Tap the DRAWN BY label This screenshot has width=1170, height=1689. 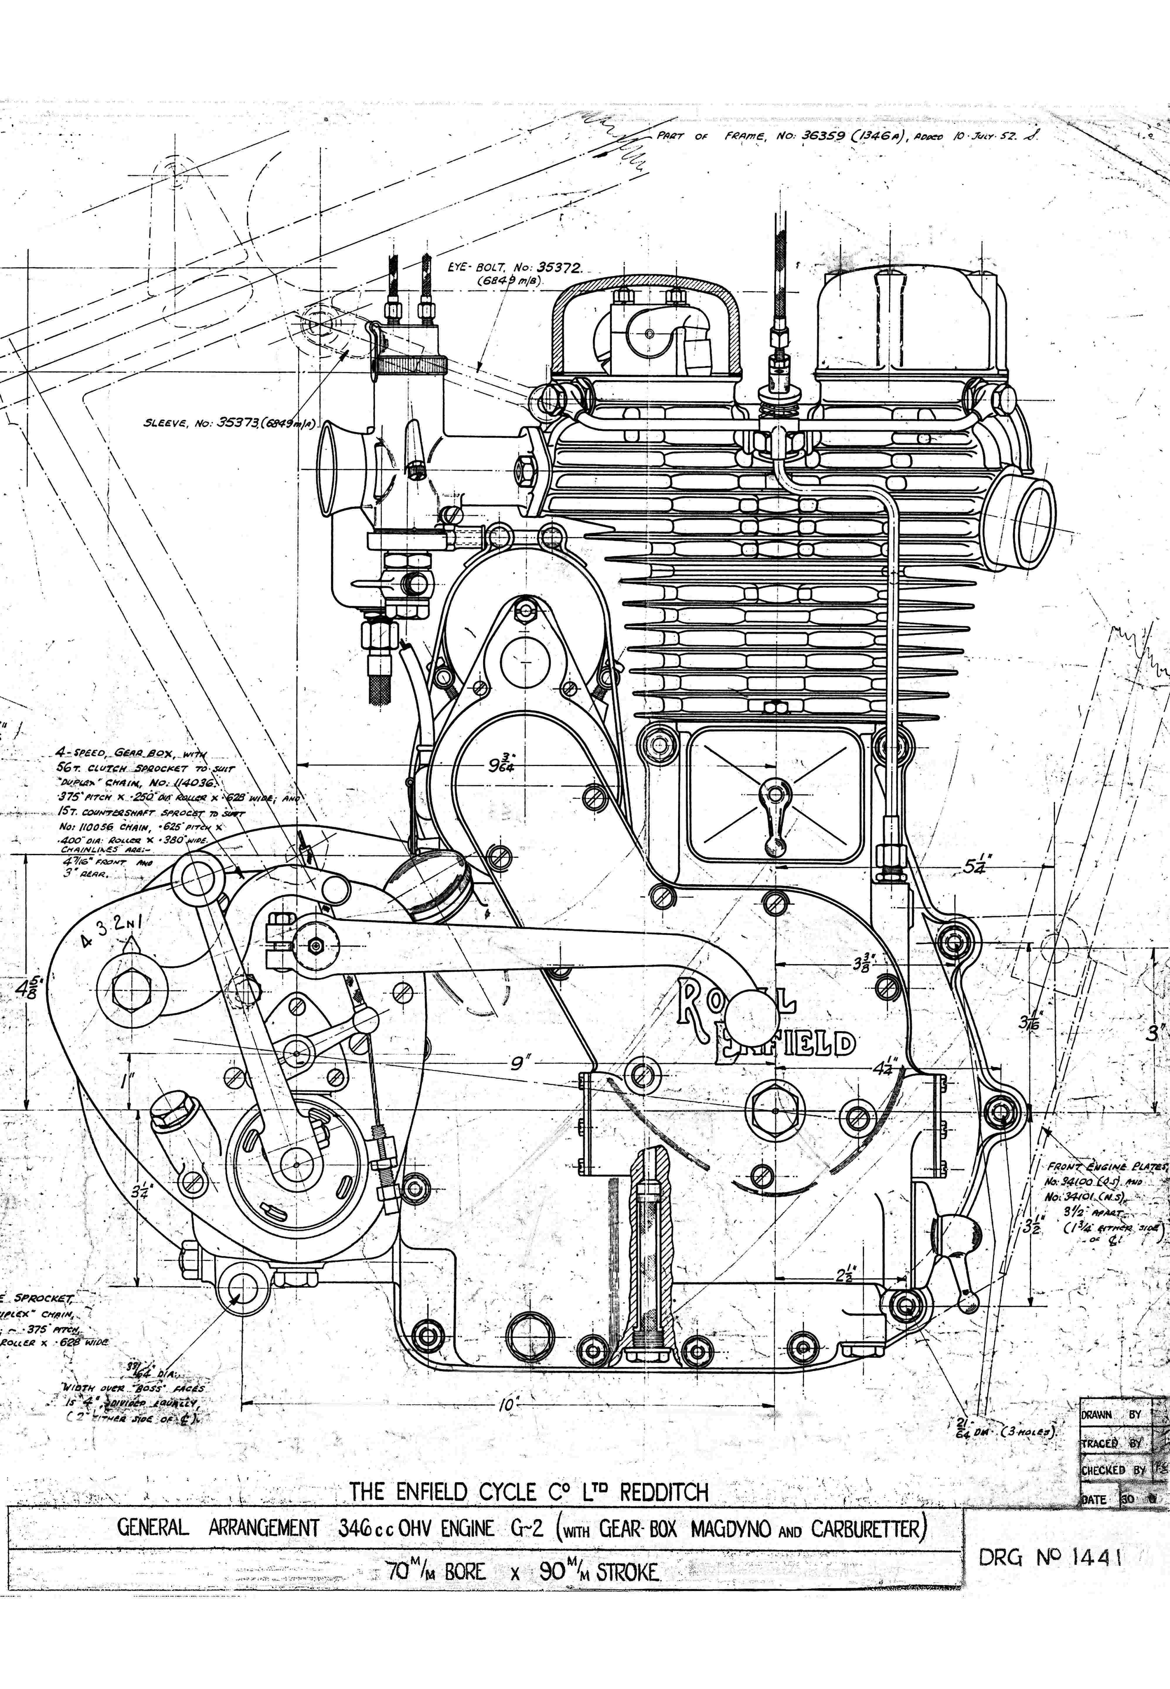[1110, 1414]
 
